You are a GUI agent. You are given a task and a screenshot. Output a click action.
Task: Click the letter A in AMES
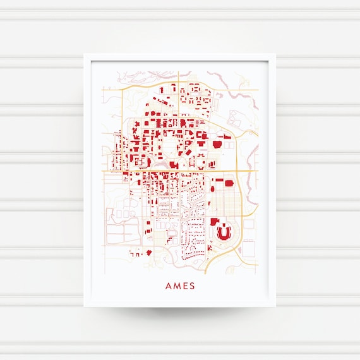169,285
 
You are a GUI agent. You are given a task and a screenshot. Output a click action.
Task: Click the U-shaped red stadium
224,233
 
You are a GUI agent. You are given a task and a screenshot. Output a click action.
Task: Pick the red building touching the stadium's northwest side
214,222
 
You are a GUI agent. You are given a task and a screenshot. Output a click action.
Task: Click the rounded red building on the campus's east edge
218,143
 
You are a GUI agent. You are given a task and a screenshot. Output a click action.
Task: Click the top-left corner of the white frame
84,54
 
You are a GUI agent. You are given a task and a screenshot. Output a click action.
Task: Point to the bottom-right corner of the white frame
276,306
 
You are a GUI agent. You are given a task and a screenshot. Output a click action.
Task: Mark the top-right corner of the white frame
276,54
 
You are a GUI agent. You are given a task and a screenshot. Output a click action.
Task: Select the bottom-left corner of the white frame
84,306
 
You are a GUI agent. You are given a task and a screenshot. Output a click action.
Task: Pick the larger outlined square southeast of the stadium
248,248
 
